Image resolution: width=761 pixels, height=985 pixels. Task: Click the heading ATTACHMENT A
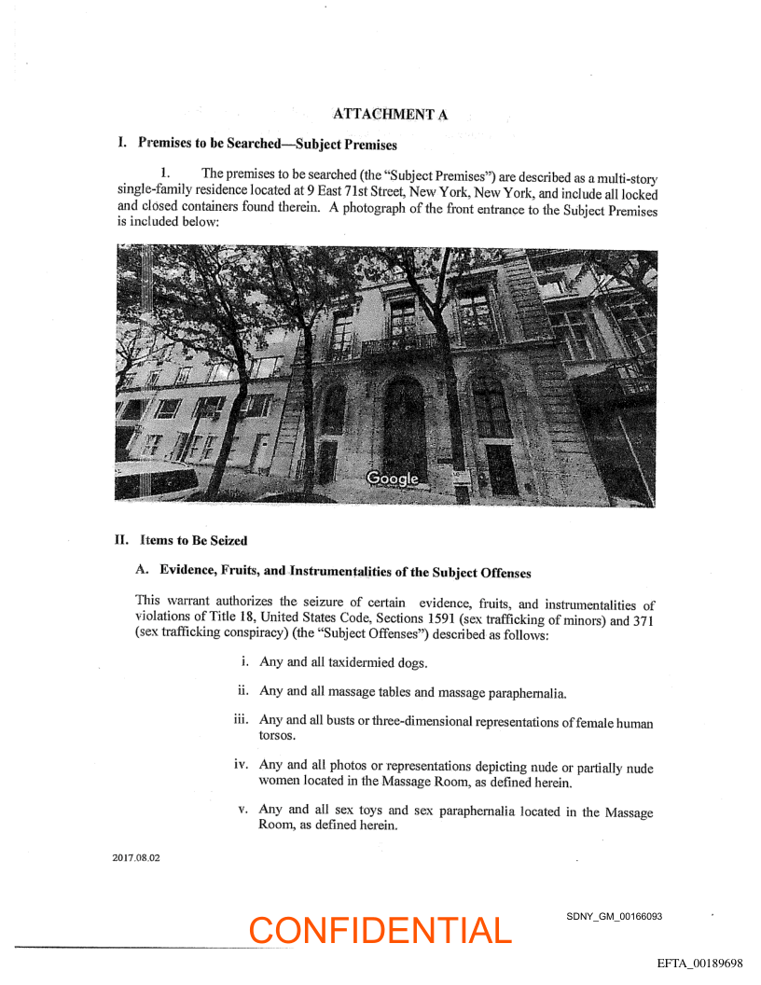(390, 114)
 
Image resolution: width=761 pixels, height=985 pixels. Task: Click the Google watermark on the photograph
(393, 479)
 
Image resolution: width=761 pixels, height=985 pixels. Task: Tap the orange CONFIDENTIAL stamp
(380, 930)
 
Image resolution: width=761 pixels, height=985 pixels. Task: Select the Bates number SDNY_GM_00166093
(614, 917)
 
